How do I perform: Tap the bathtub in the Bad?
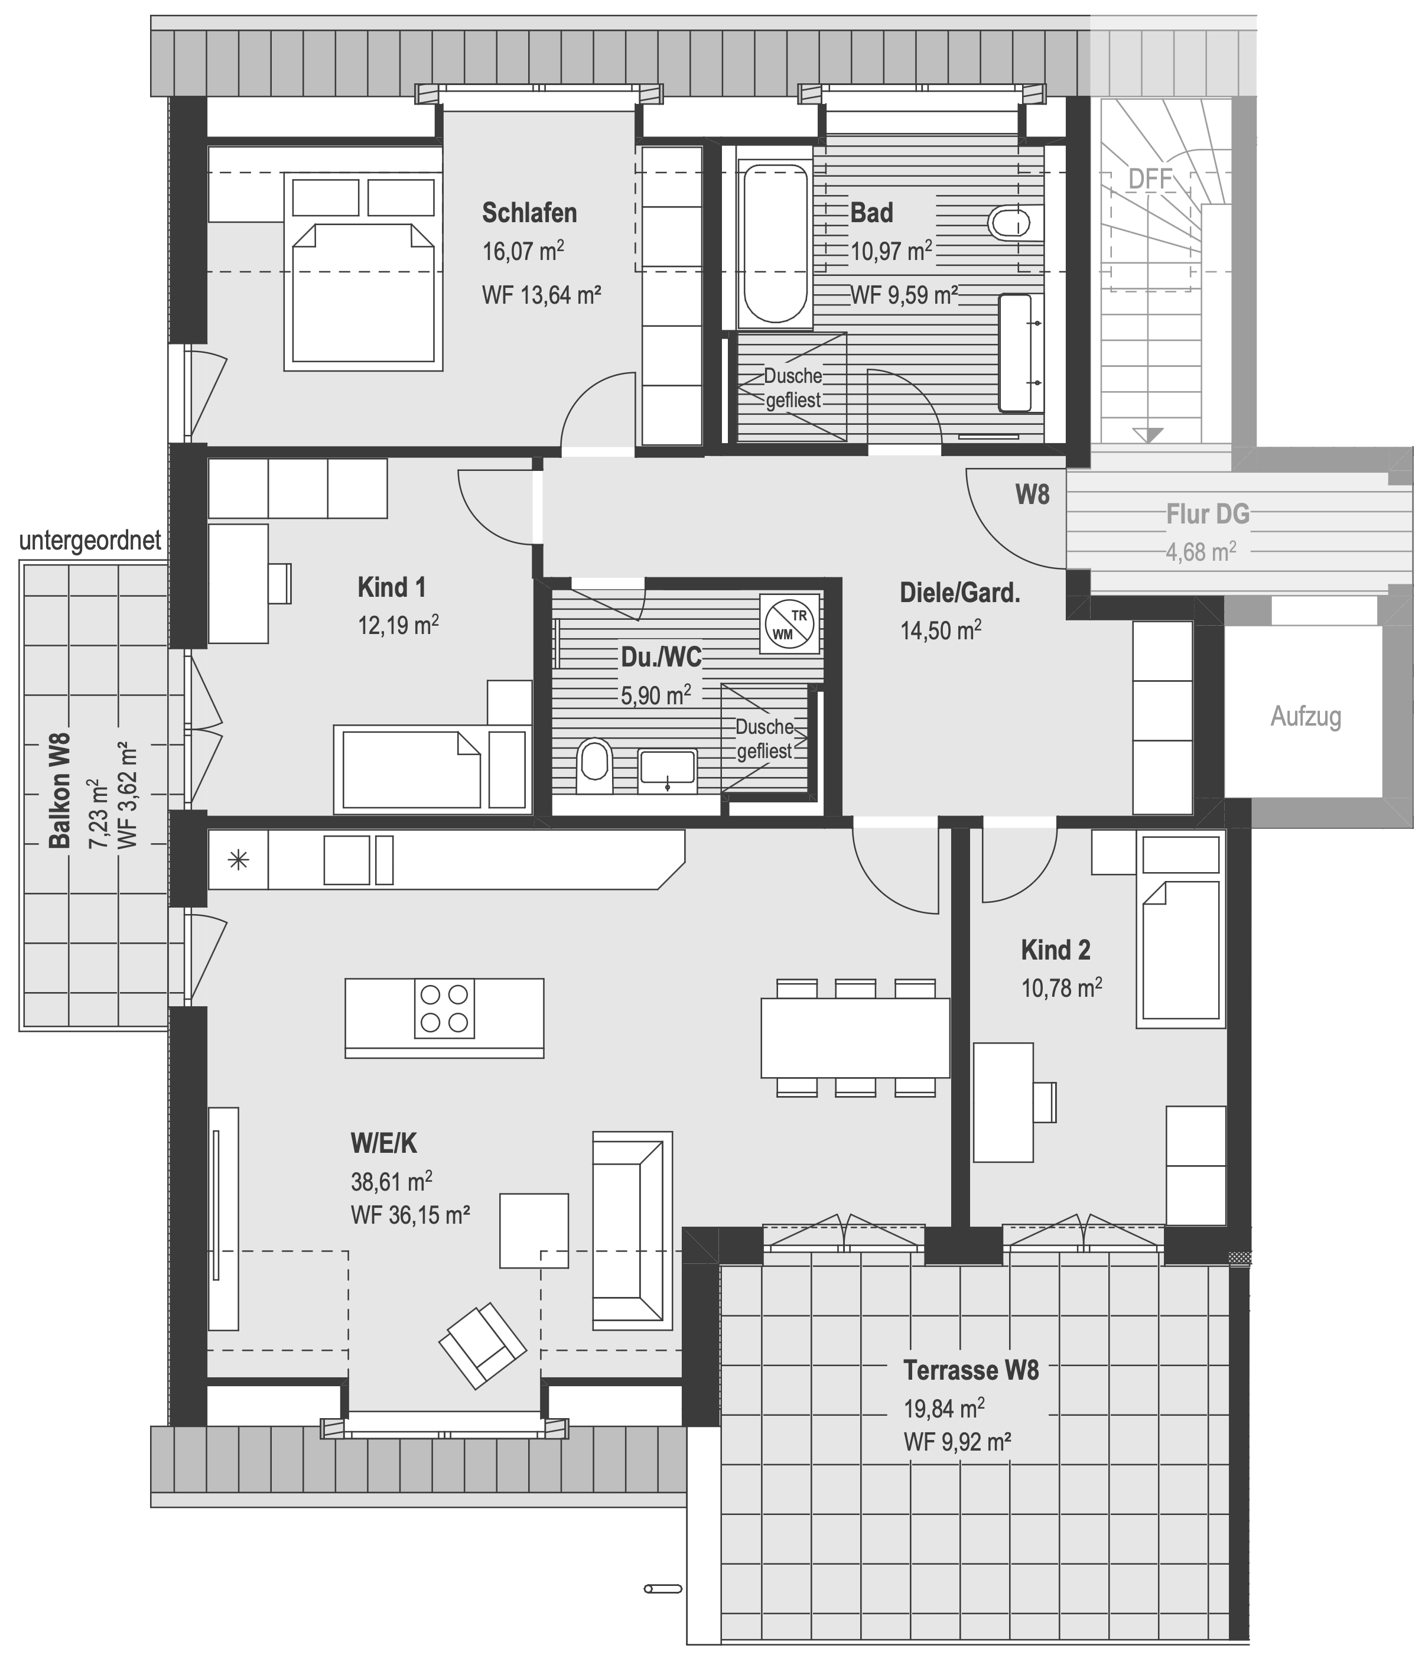(775, 243)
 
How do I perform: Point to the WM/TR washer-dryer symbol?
(789, 624)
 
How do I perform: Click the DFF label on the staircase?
(1149, 179)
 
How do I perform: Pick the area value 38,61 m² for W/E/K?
(391, 1182)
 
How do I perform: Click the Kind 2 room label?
(1056, 950)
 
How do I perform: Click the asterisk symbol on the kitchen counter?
(239, 860)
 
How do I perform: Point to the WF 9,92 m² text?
(957, 1441)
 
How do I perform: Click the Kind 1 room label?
(391, 587)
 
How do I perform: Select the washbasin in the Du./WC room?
(667, 768)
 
